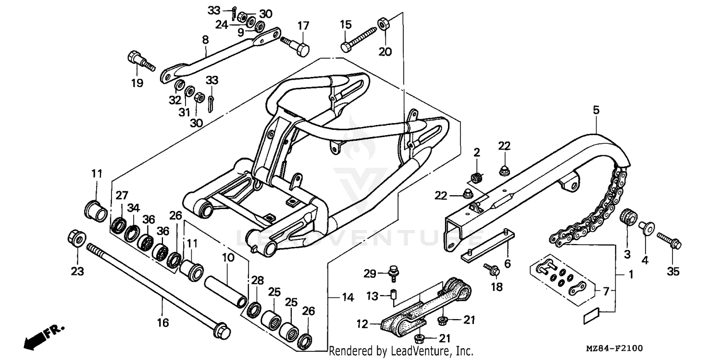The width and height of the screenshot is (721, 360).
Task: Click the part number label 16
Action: point(163,323)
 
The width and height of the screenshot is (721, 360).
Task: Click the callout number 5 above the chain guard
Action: point(596,111)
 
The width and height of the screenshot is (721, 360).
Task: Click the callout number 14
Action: point(348,298)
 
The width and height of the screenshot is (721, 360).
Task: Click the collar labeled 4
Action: point(644,226)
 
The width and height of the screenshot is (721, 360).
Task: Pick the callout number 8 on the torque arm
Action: point(205,40)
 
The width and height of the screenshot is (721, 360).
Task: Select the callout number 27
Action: point(121,195)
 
